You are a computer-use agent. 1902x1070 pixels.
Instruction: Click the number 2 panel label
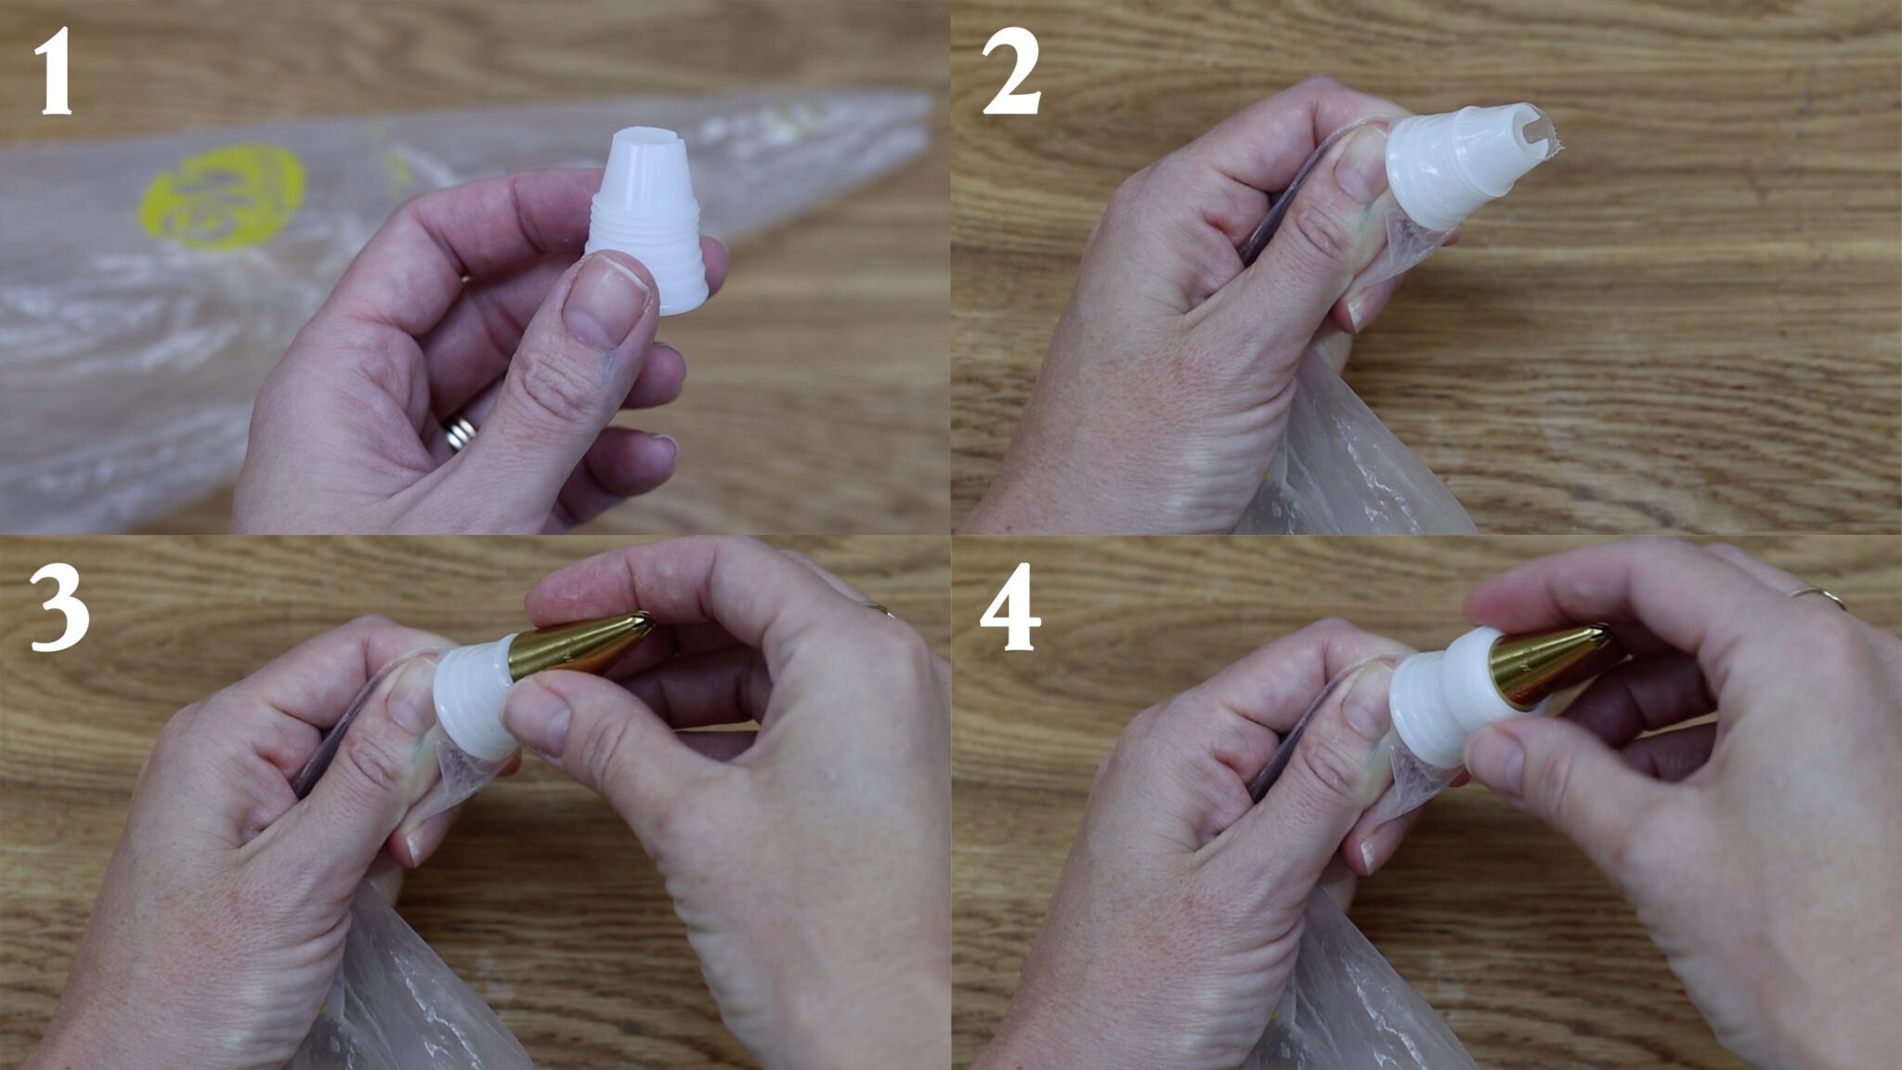click(1011, 72)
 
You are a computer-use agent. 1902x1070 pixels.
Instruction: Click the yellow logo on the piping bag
click(222, 198)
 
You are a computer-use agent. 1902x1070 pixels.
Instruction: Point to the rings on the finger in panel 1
click(460, 433)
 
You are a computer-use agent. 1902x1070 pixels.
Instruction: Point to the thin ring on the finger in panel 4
click(1818, 596)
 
